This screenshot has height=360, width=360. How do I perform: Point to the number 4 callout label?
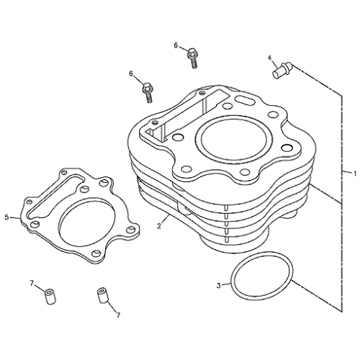click(270, 58)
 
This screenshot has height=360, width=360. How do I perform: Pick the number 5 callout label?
click(6, 217)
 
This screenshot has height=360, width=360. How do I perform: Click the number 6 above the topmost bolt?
click(176, 45)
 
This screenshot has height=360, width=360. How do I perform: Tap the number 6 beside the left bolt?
click(131, 73)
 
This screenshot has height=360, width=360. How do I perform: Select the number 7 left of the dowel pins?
click(32, 282)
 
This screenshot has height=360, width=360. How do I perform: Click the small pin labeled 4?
click(280, 71)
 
